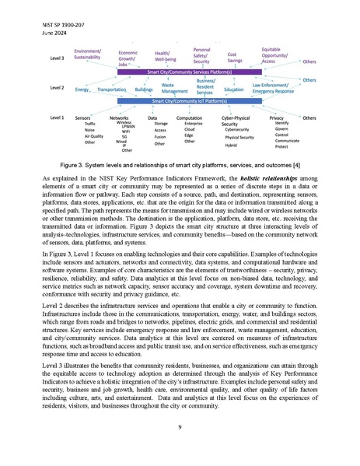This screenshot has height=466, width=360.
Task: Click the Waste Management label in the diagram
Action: point(174,87)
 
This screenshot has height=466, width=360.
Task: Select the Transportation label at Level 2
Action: point(112,89)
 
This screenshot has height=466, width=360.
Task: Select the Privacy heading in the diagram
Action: point(276,117)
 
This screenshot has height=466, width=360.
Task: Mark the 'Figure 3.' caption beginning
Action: point(72,166)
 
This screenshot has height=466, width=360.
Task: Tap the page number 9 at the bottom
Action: point(180,427)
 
